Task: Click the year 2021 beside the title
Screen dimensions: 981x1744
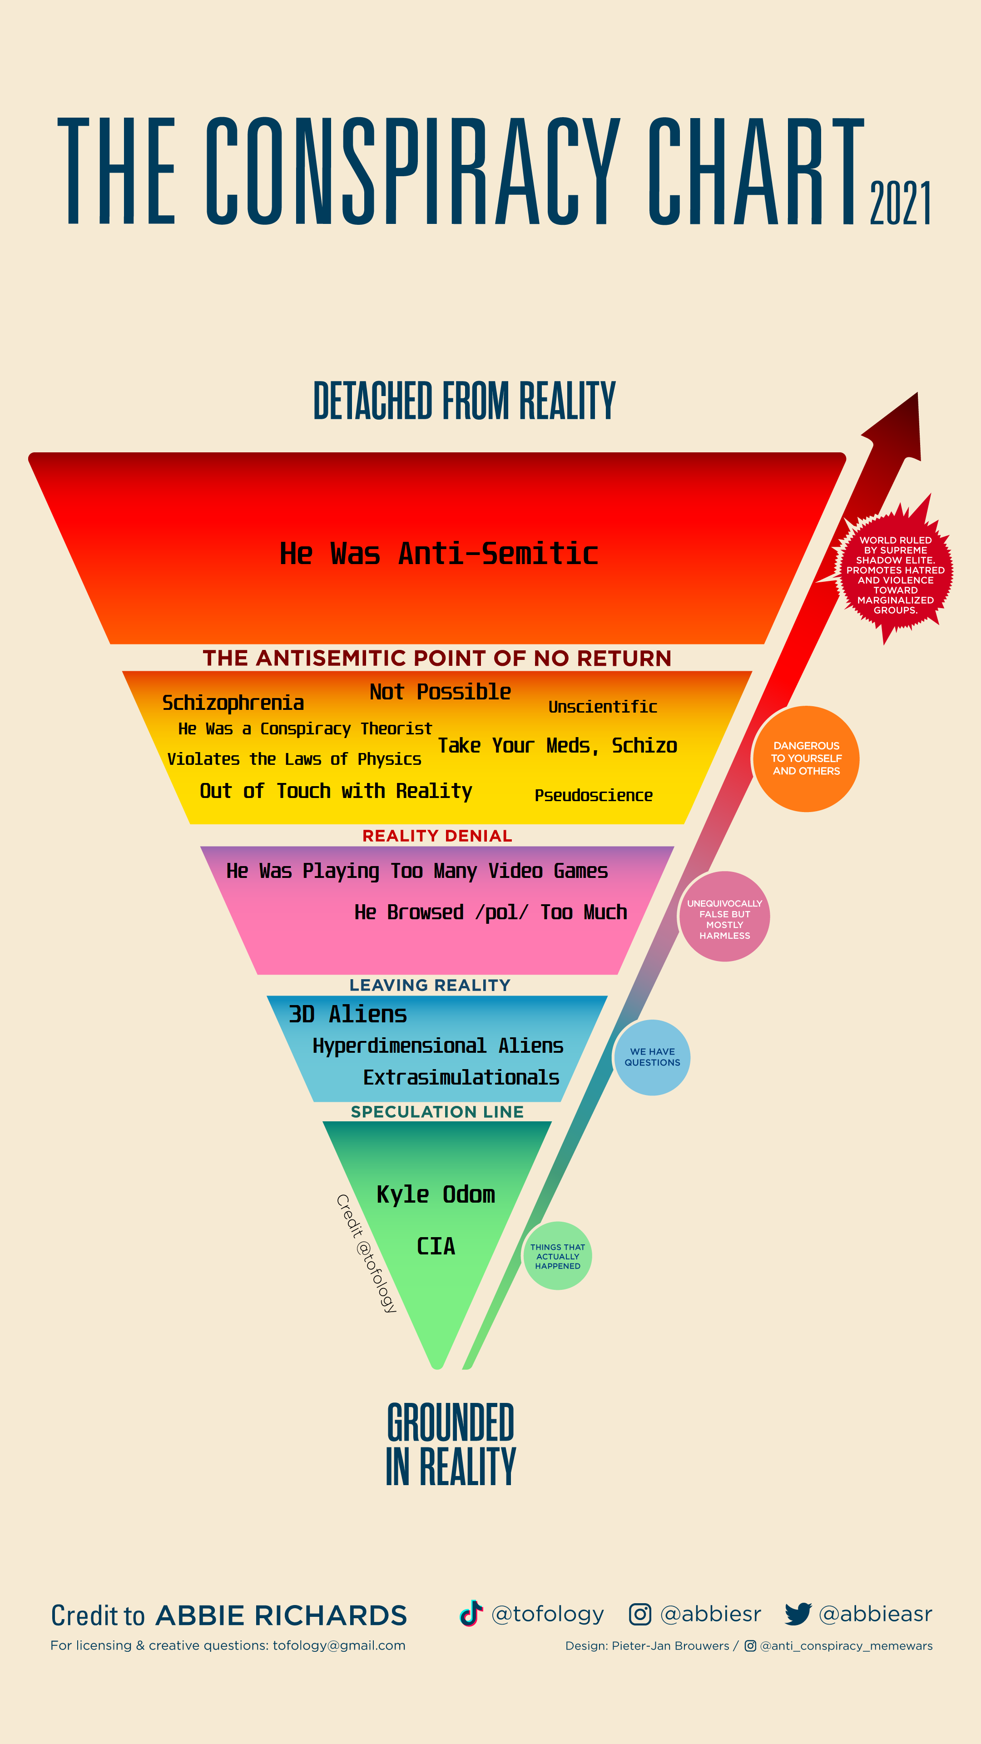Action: [901, 203]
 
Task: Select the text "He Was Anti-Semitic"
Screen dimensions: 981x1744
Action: [439, 553]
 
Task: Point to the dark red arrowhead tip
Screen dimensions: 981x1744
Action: [917, 393]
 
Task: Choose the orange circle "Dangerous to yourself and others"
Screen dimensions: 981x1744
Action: [806, 758]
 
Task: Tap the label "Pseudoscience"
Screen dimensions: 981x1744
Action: [594, 796]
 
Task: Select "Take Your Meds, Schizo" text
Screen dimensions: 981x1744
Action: [557, 745]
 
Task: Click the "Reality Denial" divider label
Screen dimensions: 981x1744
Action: [437, 836]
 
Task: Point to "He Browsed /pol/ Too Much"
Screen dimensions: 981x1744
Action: [491, 912]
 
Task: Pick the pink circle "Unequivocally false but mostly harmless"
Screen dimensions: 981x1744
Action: [724, 917]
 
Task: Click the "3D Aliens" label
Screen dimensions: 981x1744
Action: [347, 1014]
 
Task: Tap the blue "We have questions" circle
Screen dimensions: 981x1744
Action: [652, 1057]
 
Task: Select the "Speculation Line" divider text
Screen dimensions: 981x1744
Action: [437, 1112]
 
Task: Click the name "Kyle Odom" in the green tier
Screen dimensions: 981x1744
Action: [436, 1195]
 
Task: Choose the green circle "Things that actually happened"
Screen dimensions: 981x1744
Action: [557, 1256]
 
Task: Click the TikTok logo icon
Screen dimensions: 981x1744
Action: [471, 1613]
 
